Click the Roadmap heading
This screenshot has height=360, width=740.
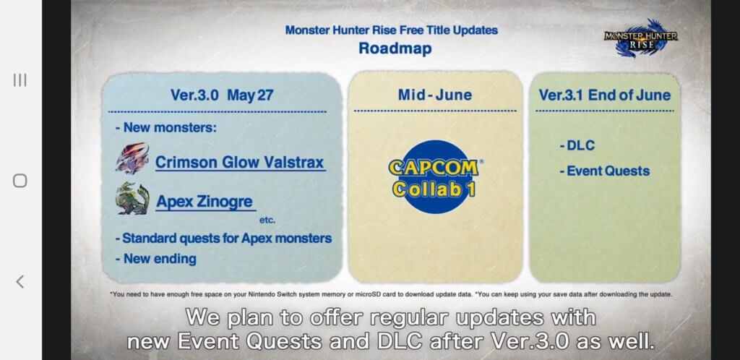395,48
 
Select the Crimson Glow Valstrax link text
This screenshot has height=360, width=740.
240,163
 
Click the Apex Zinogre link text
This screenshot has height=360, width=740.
205,202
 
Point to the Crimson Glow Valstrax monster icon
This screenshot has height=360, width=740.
132,158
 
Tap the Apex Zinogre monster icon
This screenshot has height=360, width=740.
132,199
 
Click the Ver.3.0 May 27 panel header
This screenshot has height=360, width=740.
222,95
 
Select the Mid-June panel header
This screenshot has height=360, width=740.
434,95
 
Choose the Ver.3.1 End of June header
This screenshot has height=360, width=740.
605,95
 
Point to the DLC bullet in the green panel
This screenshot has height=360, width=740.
577,145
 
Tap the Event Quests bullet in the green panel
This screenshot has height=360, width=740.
605,171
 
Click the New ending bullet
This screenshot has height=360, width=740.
155,259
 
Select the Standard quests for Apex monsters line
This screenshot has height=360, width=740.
223,239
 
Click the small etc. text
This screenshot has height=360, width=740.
267,220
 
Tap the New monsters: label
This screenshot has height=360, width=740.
165,127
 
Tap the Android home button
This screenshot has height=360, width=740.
20,181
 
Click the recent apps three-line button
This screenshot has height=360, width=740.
20,80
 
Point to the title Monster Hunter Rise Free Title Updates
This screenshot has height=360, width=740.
391,30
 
